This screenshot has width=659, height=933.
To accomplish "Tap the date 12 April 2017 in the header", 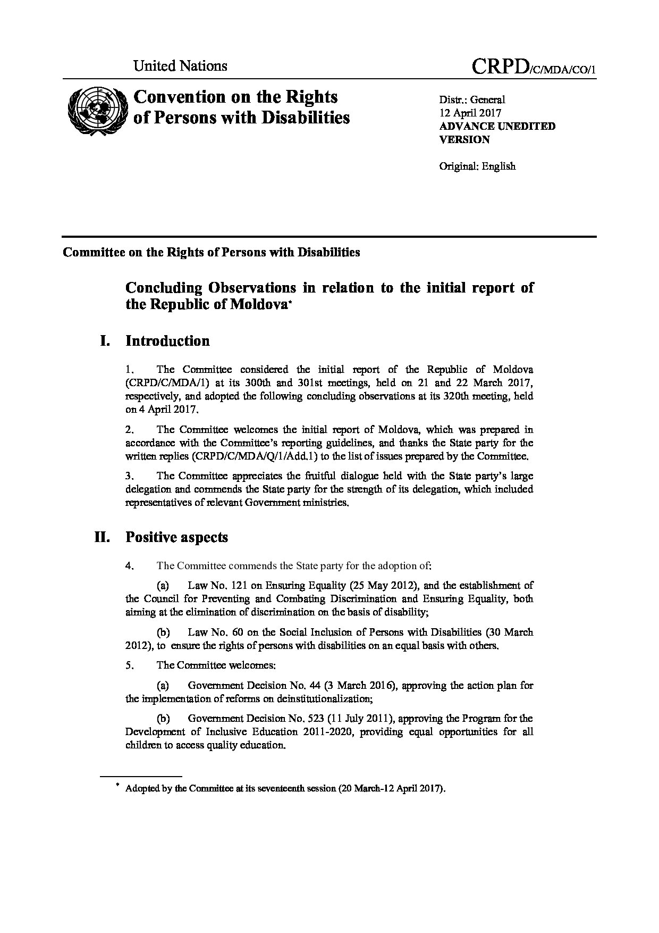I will (x=470, y=113).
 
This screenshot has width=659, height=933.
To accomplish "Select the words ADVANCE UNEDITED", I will (x=497, y=127).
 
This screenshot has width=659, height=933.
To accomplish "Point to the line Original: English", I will (x=477, y=166).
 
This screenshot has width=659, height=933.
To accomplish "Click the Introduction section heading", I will (x=167, y=341).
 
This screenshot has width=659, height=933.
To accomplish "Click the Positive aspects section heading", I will (x=176, y=537).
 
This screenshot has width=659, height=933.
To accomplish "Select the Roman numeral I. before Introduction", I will (x=105, y=341).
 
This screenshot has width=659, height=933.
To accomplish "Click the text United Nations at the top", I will (x=180, y=66).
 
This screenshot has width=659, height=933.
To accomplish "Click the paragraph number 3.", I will (x=129, y=476).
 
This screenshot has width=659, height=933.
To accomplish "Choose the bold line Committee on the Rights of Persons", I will (x=211, y=252).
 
